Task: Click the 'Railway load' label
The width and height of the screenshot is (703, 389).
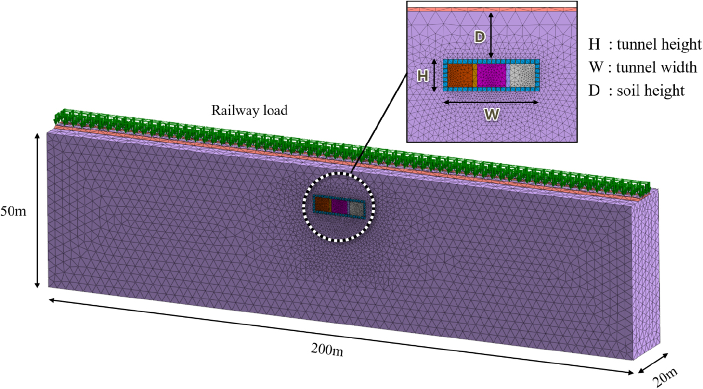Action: pos(249,110)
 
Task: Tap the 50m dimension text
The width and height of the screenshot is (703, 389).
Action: pos(13,211)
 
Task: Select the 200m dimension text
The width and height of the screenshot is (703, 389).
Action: pos(327,350)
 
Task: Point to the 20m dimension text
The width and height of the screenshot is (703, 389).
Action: pos(665,377)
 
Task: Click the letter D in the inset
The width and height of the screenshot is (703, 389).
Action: pos(479,37)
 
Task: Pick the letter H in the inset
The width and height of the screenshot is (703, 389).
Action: pos(423,76)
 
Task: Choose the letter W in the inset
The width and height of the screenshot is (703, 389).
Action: pos(491,115)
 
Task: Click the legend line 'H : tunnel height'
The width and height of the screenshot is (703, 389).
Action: pos(645,44)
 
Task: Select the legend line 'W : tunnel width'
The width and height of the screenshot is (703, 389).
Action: pos(643,67)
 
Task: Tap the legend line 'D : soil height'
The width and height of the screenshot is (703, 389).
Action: pos(636,90)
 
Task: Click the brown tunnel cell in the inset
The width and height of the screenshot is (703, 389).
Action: pos(460,75)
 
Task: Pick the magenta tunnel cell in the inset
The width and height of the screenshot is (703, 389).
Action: pos(491,75)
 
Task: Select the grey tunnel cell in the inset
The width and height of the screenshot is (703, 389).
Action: pos(522,75)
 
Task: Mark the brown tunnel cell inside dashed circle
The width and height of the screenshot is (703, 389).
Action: pos(323,204)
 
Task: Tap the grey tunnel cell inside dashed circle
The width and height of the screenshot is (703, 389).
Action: pos(356,209)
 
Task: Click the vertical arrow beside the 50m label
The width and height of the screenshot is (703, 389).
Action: pos(37,210)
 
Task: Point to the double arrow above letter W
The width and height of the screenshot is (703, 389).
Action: pos(491,102)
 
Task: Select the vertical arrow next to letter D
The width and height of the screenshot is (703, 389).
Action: pos(491,36)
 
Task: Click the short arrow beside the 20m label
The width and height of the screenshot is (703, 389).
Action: pos(653,363)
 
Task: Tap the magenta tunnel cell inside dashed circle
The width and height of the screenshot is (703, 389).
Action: pos(339,206)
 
